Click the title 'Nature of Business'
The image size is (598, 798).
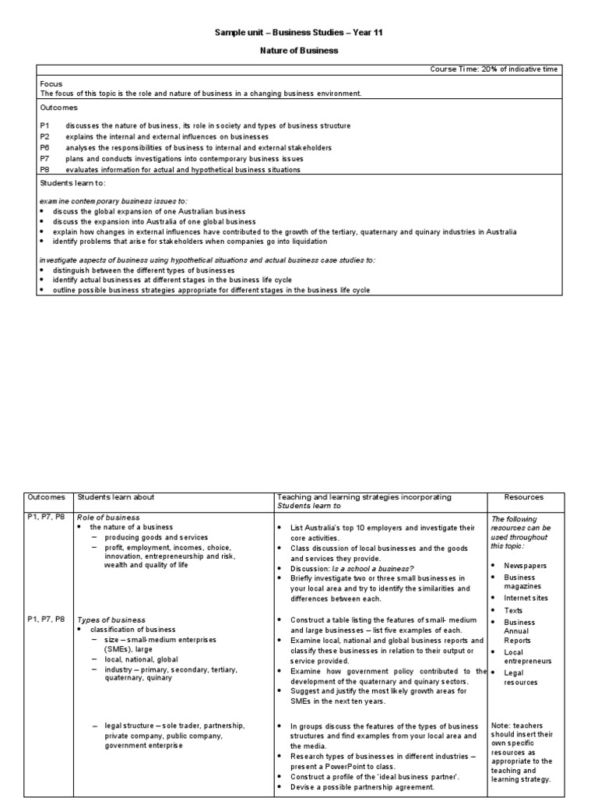[299, 51]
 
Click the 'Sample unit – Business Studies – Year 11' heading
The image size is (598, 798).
[299, 33]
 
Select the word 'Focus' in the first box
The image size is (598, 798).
[51, 83]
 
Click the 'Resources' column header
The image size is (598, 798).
[523, 497]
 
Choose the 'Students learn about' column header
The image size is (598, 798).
[115, 497]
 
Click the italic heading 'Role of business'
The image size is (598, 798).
[108, 517]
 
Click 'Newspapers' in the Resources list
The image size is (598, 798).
[525, 565]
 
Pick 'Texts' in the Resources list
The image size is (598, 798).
[513, 610]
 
